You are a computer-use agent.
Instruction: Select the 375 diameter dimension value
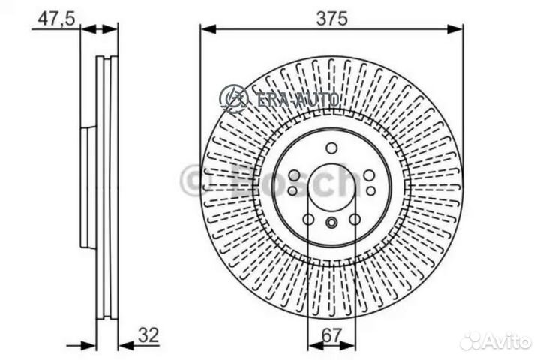click(x=331, y=18)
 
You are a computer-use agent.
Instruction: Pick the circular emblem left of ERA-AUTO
click(x=234, y=97)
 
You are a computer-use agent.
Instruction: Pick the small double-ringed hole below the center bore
click(x=331, y=221)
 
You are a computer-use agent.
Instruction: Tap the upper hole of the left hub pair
click(x=293, y=175)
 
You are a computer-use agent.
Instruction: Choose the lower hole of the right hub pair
click(x=370, y=190)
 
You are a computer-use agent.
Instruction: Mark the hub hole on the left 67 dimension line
click(x=308, y=220)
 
